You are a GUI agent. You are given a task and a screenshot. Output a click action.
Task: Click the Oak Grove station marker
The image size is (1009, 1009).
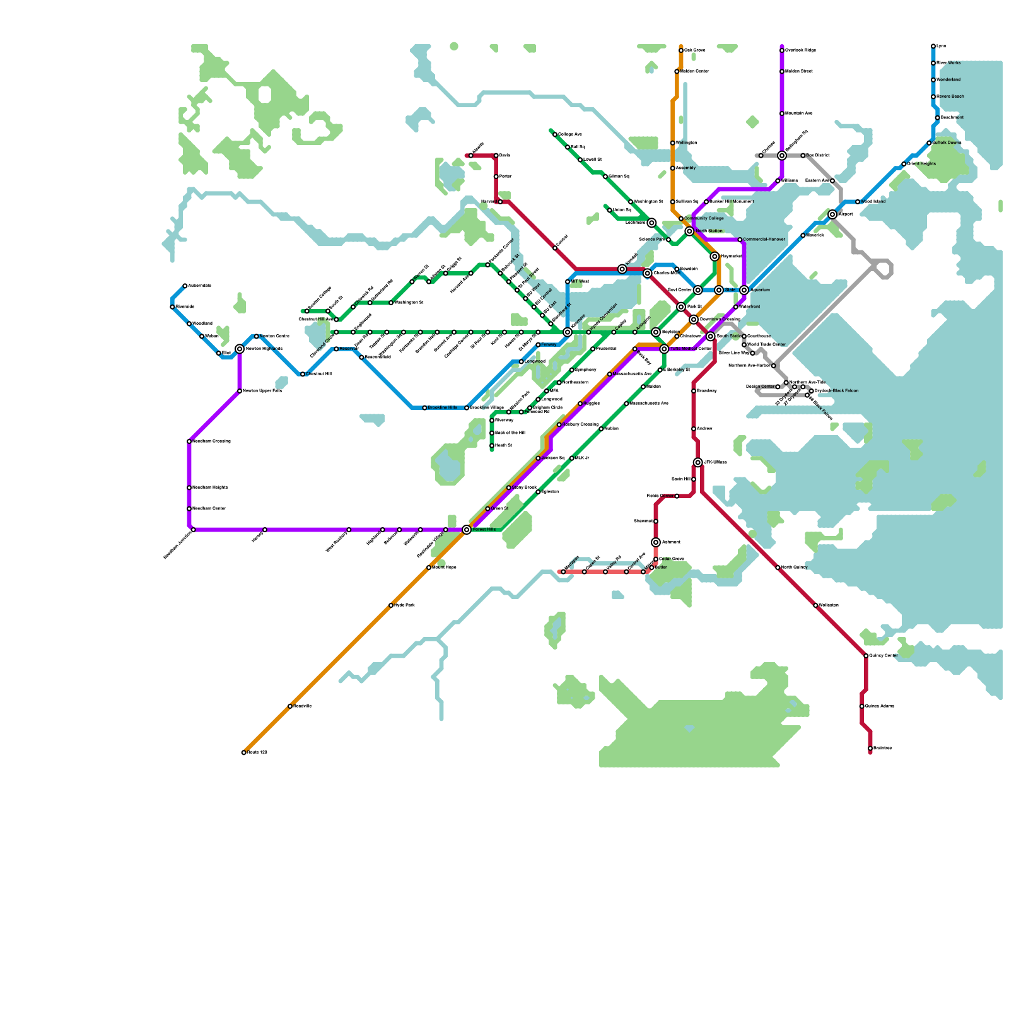681,50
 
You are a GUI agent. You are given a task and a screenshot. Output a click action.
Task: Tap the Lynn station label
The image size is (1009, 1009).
942,46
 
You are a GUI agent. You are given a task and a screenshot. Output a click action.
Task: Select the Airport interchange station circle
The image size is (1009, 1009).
832,214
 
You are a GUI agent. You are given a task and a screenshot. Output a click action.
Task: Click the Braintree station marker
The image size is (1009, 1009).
870,749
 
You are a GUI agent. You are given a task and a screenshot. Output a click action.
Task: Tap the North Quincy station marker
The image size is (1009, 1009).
778,568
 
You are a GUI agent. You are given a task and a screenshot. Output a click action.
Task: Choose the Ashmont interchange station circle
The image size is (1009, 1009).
656,542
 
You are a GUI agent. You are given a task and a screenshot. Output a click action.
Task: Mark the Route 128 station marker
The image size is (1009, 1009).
244,752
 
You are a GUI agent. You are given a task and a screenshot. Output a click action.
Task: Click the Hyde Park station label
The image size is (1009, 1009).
404,605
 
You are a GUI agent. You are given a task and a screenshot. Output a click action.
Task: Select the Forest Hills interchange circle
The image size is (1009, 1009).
467,530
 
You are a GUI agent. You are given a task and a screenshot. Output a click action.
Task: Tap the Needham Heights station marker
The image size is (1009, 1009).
189,487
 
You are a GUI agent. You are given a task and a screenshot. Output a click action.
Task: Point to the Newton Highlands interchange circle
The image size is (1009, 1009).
240,349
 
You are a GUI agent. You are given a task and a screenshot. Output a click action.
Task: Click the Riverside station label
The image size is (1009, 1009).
185,307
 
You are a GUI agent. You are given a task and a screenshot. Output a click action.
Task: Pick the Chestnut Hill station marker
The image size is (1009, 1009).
303,374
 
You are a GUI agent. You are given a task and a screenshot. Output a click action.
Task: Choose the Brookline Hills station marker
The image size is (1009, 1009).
424,408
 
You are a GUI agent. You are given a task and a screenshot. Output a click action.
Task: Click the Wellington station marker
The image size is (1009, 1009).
673,143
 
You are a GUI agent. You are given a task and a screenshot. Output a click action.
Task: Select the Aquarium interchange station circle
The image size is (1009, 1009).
744,290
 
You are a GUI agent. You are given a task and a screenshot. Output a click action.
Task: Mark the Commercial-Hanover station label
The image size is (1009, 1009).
764,240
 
